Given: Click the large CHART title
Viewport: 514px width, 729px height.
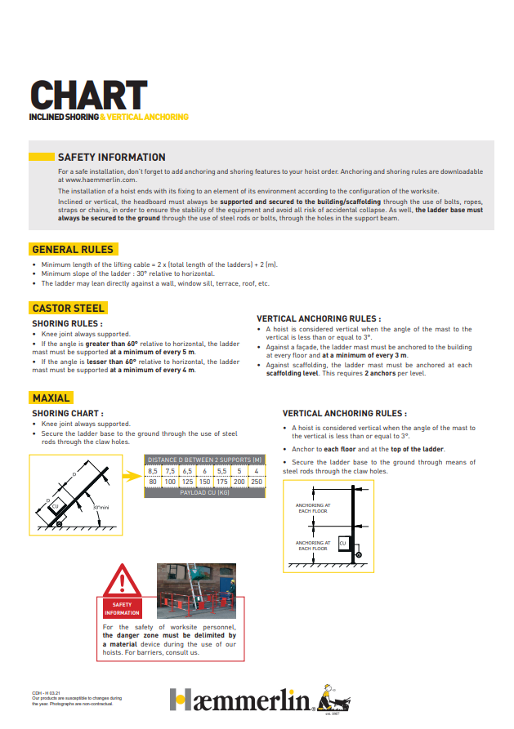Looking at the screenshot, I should pyautogui.click(x=88, y=96).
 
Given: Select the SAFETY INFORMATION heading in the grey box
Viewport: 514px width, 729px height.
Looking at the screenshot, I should pyautogui.click(x=111, y=157).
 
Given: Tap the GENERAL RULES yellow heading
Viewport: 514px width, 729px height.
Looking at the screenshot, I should pyautogui.click(x=73, y=249).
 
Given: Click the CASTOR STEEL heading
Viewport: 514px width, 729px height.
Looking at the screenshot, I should pyautogui.click(x=68, y=308).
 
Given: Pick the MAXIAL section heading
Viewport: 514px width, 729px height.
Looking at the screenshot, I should pyautogui.click(x=51, y=398).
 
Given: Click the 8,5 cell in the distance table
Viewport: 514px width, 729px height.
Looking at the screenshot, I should pyautogui.click(x=153, y=471).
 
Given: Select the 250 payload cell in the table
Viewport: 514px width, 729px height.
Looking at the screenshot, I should pyautogui.click(x=257, y=482).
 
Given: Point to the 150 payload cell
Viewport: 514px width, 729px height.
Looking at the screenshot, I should pyautogui.click(x=204, y=482).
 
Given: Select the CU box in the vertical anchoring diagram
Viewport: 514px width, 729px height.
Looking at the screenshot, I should pyautogui.click(x=342, y=543).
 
